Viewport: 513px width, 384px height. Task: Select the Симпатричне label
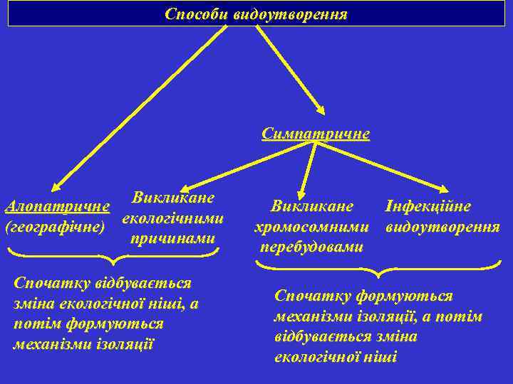click(x=316, y=134)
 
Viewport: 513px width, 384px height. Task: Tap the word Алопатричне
click(x=57, y=207)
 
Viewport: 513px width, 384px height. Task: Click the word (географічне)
click(x=55, y=228)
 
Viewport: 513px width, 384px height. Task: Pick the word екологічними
click(x=174, y=218)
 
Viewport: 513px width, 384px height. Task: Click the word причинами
click(x=172, y=238)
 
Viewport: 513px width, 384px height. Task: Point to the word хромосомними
click(x=312, y=228)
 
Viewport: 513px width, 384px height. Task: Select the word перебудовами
click(x=311, y=247)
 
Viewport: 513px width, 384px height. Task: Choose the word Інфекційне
click(x=427, y=206)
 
